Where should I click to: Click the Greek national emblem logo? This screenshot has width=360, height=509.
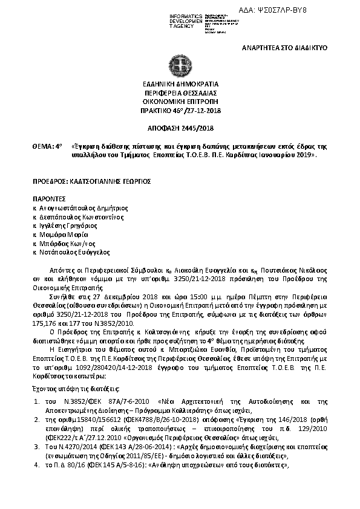pos(180,66)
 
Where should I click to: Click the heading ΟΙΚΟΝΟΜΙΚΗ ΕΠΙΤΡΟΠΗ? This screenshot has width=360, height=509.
pos(180,103)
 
